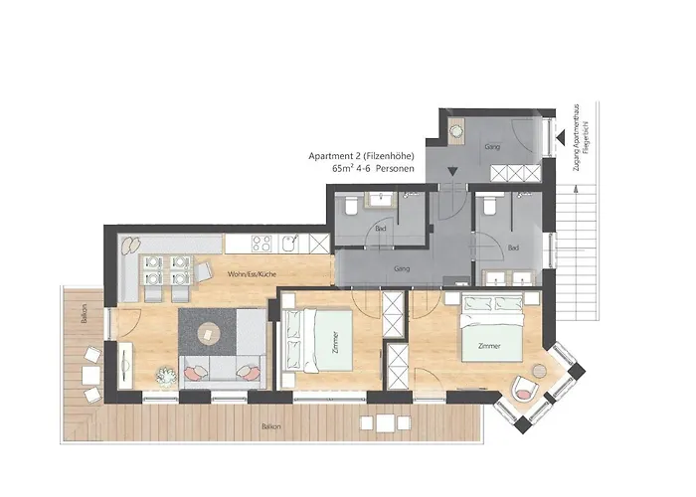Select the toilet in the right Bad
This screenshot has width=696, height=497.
pyautogui.click(x=487, y=207)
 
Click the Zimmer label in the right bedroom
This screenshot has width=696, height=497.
pyautogui.click(x=488, y=346)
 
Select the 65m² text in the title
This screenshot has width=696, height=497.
pyautogui.click(x=344, y=170)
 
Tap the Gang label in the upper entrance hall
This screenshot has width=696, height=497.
pyautogui.click(x=490, y=147)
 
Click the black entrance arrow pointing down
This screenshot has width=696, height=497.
pyautogui.click(x=452, y=171)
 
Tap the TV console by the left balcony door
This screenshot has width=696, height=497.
pyautogui.click(x=124, y=365)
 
